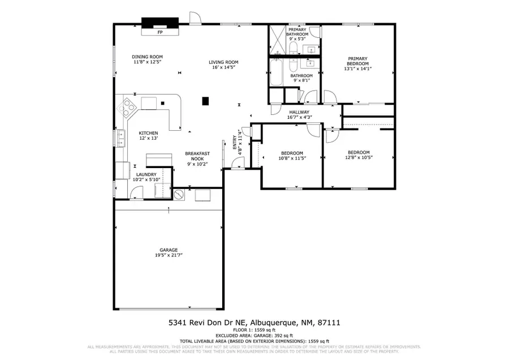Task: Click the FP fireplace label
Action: click(x=160, y=33)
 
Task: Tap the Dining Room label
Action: click(x=148, y=57)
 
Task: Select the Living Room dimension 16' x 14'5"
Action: click(x=223, y=67)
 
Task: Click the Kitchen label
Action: click(x=148, y=133)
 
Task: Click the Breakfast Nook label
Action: click(x=197, y=153)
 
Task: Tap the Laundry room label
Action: click(x=146, y=174)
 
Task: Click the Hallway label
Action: click(x=299, y=112)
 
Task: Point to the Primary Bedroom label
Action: click(x=357, y=58)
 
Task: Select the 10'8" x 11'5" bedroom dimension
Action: click(x=292, y=158)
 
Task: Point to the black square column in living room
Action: click(x=206, y=101)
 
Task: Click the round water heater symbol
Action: click(x=179, y=195)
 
